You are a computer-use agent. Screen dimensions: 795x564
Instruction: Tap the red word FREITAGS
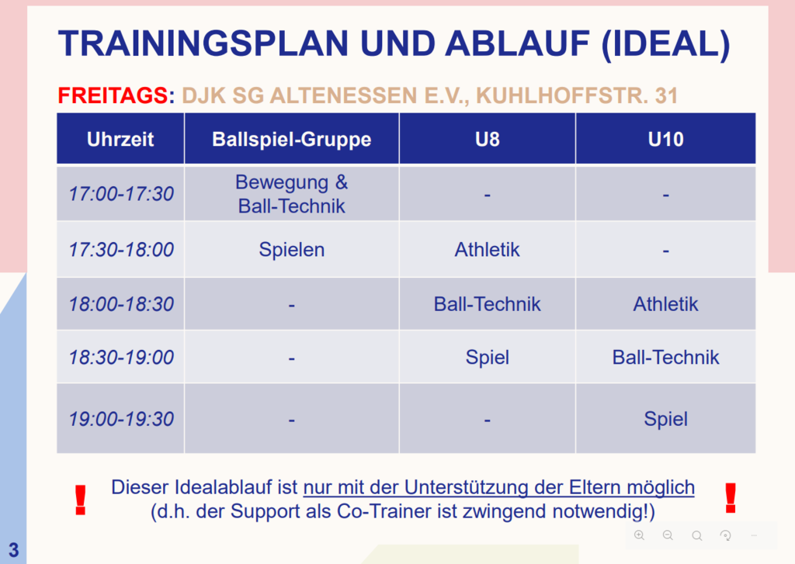click(113, 95)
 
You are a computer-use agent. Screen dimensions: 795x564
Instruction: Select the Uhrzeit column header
click(120, 140)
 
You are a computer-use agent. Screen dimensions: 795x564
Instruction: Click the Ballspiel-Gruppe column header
click(292, 140)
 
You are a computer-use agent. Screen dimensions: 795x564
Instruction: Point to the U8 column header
click(488, 140)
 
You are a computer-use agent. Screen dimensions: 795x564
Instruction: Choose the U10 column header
click(665, 140)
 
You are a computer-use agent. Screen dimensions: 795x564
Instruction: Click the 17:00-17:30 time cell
click(121, 194)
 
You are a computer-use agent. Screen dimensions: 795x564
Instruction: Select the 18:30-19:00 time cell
click(121, 357)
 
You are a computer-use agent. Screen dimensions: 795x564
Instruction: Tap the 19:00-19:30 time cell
click(121, 419)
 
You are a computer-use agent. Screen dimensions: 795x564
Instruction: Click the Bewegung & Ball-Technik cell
click(292, 194)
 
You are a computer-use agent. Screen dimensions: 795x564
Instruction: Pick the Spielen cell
click(292, 250)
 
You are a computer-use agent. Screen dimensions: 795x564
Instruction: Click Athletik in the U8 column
click(488, 249)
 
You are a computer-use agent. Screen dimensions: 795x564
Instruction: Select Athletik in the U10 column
click(665, 304)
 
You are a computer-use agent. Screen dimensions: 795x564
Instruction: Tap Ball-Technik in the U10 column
click(665, 357)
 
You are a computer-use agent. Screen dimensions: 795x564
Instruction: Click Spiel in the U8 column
click(488, 358)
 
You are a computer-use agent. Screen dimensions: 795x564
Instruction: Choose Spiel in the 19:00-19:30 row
click(665, 420)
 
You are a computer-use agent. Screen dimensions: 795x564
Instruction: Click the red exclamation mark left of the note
click(80, 500)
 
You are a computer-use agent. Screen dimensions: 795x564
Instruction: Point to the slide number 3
click(14, 550)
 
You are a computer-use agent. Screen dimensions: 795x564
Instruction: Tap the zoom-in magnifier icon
click(640, 535)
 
